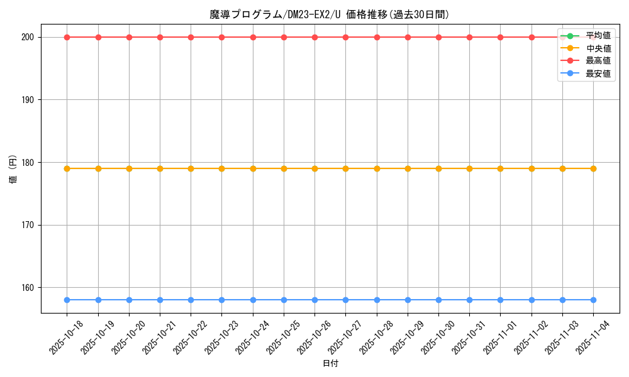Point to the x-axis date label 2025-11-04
point(594,337)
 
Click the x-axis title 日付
point(330,364)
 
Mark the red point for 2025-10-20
point(129,37)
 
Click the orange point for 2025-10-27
point(345,168)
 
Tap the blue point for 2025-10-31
point(469,300)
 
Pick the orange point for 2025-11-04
point(593,168)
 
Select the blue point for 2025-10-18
point(67,300)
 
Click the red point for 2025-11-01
point(500,37)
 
